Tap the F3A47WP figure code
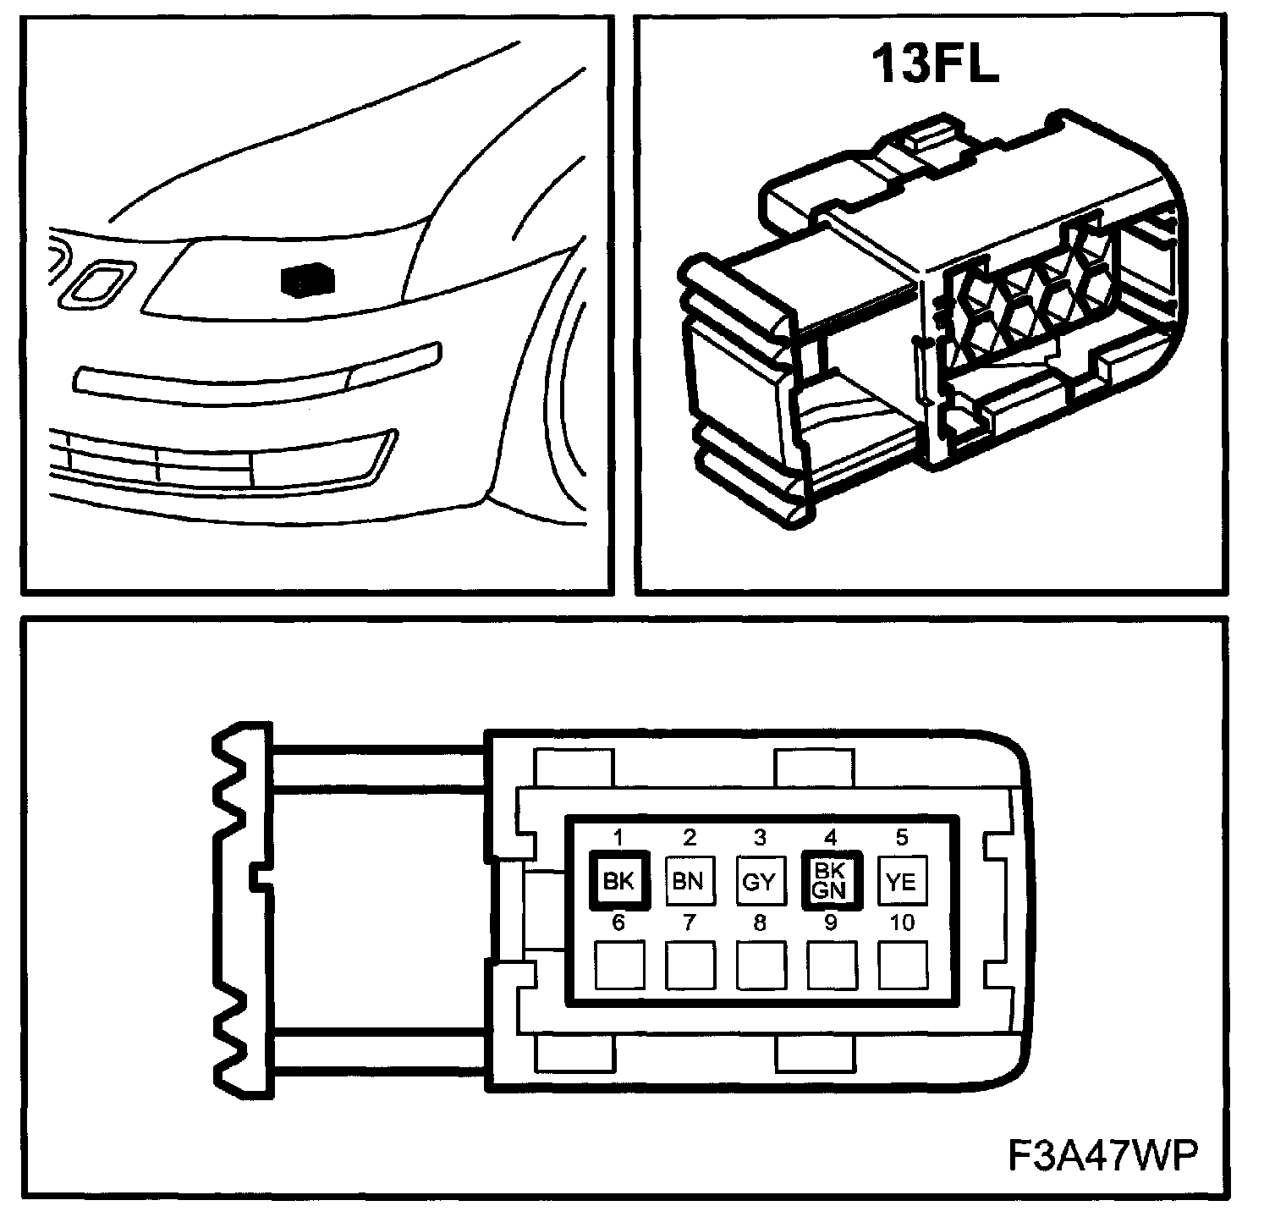[x=1102, y=1155]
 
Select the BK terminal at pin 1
[x=618, y=881]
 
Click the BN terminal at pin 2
[x=689, y=881]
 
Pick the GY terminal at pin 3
[x=759, y=881]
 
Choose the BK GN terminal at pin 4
[x=830, y=881]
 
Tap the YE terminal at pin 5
[x=901, y=881]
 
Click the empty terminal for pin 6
[x=618, y=966]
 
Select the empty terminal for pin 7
[x=689, y=966]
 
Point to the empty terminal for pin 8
[x=759, y=966]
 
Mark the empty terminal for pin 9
[x=830, y=966]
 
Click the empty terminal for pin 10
[x=901, y=966]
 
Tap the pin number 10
[x=902, y=922]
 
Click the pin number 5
[x=902, y=838]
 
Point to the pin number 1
[x=618, y=838]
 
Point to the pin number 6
[x=618, y=922]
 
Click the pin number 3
[x=760, y=838]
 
